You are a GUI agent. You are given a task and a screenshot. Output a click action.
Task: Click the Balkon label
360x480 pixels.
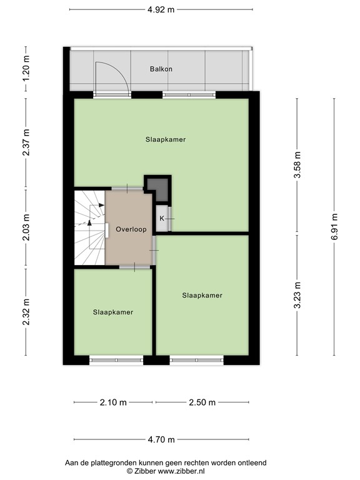pyautogui.click(x=161, y=69)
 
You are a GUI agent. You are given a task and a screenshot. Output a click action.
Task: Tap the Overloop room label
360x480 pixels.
pyautogui.click(x=131, y=229)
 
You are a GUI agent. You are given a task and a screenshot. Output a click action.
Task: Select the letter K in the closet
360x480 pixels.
pyautogui.click(x=162, y=219)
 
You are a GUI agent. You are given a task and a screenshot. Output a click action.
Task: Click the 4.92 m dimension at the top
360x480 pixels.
pyautogui.click(x=161, y=9)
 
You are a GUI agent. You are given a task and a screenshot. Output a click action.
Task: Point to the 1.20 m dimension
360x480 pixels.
pyautogui.click(x=26, y=69)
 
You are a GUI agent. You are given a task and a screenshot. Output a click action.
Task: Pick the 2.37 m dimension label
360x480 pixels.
pyautogui.click(x=26, y=142)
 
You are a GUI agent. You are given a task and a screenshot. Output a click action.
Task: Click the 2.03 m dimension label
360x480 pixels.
pyautogui.click(x=26, y=227)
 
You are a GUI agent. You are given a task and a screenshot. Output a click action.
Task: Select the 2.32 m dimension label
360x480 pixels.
pyautogui.click(x=26, y=312)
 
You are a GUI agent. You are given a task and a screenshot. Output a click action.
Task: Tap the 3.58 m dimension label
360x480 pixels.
pyautogui.click(x=297, y=164)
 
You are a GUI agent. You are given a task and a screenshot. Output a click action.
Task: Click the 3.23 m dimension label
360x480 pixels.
pyautogui.click(x=297, y=295)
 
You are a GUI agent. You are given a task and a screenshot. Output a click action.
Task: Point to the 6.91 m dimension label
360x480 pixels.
pyautogui.click(x=334, y=227)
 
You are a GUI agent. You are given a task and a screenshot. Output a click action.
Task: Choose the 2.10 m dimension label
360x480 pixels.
pyautogui.click(x=113, y=402)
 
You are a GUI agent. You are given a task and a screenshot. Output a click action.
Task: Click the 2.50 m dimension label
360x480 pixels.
pyautogui.click(x=202, y=402)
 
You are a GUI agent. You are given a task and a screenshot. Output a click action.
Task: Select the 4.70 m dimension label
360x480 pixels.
pyautogui.click(x=161, y=440)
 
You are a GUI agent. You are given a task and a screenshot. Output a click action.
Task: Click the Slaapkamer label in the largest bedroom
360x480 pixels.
pyautogui.click(x=166, y=139)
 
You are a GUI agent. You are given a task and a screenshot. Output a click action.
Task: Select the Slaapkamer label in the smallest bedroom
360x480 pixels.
pyautogui.click(x=113, y=312)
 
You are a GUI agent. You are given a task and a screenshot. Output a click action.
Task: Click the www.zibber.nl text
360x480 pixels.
pyautogui.click(x=181, y=471)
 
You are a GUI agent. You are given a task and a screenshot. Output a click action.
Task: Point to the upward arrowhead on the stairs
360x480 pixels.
pyautogui.click(x=89, y=222)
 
